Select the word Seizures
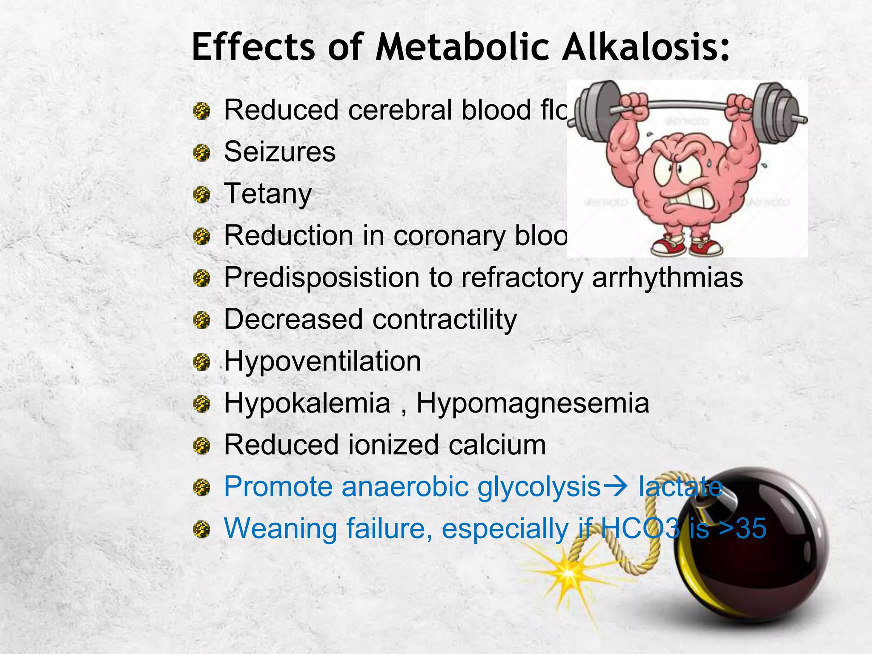280,152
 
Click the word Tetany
268,194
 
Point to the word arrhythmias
667,278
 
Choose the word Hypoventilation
322,361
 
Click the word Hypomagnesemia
533,403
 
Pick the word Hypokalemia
307,403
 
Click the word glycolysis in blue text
539,487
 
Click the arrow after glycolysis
616,486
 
